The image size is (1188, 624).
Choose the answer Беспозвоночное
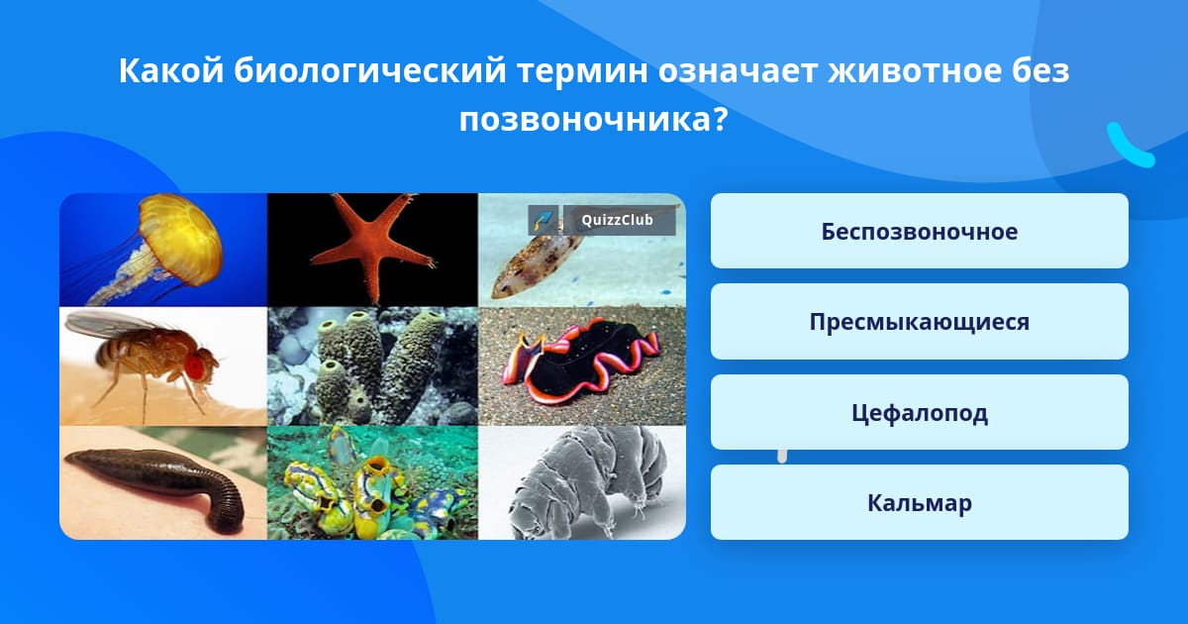(x=919, y=232)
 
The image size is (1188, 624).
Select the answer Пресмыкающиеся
(x=919, y=322)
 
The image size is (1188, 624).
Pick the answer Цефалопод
(x=919, y=412)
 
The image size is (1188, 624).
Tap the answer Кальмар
(x=919, y=502)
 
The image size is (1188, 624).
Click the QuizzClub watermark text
(x=617, y=220)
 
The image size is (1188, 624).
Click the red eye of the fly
(x=195, y=366)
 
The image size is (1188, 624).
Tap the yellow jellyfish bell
(x=181, y=239)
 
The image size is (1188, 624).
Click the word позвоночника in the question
(x=592, y=120)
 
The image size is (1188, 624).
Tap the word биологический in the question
(x=370, y=71)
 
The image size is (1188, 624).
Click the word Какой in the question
(x=170, y=70)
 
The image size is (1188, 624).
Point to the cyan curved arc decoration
(x=1129, y=147)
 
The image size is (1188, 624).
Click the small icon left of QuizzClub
(x=544, y=220)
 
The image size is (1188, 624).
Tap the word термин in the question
(x=582, y=71)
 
